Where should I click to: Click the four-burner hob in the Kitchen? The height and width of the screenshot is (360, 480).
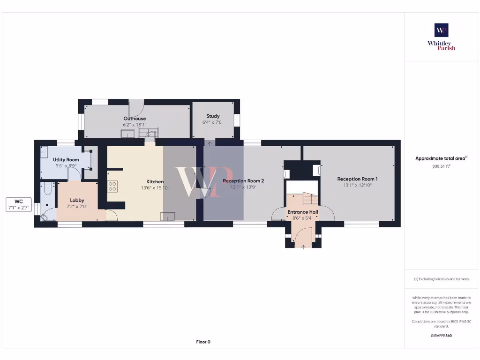[112, 186]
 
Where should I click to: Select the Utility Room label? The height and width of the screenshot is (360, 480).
[66, 160]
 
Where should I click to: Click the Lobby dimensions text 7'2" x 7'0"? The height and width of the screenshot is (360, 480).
[77, 207]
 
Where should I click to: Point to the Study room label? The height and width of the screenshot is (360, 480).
[213, 116]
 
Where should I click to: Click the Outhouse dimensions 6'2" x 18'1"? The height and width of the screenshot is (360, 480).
[135, 125]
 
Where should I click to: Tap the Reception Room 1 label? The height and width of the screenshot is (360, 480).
[357, 179]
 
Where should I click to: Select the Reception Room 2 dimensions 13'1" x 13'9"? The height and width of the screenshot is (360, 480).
[243, 187]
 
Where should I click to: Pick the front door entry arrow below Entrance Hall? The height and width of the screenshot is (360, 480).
[303, 247]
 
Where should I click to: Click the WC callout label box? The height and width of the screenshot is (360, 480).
[19, 204]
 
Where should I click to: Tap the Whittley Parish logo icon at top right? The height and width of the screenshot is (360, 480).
[441, 30]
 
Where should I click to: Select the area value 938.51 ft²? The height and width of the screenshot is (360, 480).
[441, 166]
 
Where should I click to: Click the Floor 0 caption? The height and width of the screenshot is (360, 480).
[203, 342]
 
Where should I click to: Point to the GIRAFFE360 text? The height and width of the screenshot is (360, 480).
[441, 336]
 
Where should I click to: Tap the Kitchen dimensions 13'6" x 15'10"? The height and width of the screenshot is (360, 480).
[155, 188]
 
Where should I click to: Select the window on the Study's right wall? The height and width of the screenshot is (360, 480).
[237, 120]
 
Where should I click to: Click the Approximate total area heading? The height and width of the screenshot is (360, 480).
[441, 158]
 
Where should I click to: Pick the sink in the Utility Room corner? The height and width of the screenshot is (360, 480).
[45, 152]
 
